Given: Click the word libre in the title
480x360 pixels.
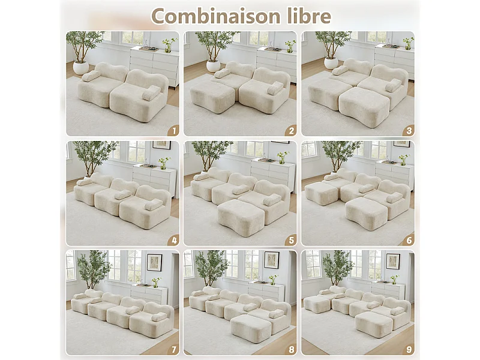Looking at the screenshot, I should click(308, 16).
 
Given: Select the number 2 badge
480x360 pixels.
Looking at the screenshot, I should click(291, 129).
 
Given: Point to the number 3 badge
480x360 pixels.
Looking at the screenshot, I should click(408, 129).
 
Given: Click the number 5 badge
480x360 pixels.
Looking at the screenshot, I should click(291, 240).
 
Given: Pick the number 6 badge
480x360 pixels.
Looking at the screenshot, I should click(408, 240).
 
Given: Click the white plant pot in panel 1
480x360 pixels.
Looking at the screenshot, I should click(81, 67).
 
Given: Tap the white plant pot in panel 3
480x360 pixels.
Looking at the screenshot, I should click(331, 63).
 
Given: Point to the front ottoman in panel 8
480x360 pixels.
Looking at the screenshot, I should click(250, 328).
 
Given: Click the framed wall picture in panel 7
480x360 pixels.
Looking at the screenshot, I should click(154, 262).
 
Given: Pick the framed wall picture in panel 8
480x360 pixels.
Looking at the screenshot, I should click(271, 260).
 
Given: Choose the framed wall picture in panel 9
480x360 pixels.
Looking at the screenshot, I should click(392, 260).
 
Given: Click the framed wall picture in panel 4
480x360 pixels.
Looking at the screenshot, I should click(161, 145).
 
